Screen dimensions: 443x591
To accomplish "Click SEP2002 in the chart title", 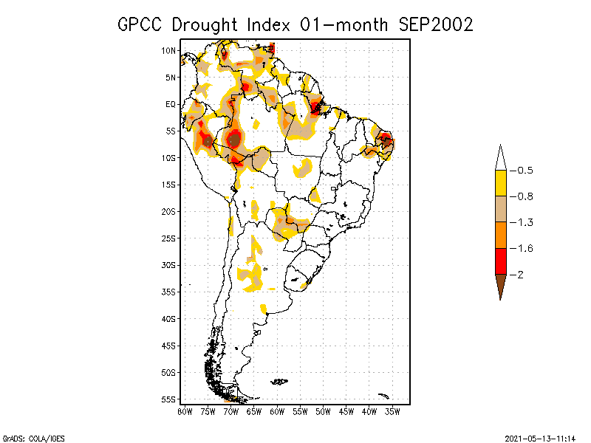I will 435,24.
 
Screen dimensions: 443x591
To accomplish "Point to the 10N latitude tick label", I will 169,51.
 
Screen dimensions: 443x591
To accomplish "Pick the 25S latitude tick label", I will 169,238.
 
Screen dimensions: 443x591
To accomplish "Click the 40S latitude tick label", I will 169,319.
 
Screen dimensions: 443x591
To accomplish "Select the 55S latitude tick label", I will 169,399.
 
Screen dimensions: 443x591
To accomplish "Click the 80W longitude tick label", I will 185,411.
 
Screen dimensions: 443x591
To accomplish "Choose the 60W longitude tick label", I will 277,411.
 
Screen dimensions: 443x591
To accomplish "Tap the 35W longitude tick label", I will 392,411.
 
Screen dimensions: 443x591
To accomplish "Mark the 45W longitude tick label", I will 346,411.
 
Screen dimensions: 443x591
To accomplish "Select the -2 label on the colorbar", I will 519,275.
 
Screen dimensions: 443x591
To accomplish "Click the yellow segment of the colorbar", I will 500,183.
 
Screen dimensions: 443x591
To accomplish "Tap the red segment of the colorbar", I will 500,261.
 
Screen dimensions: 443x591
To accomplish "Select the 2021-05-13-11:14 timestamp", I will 540,437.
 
